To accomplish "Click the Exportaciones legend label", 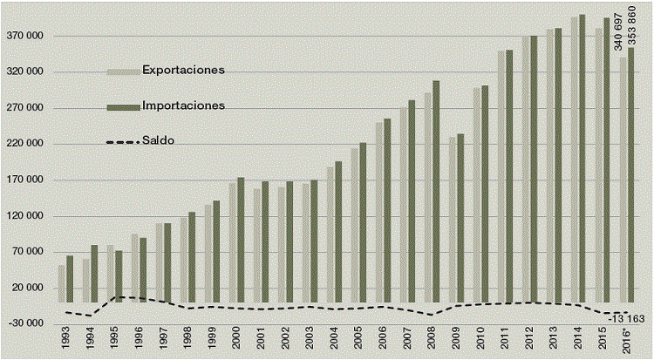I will pos(183,70).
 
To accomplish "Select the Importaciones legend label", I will pos(183,105).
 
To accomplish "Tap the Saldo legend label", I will pos(158,140).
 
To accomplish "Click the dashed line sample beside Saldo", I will pos(122,141).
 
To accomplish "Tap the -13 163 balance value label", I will pos(624,319).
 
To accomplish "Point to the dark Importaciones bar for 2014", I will pos(582,157).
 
